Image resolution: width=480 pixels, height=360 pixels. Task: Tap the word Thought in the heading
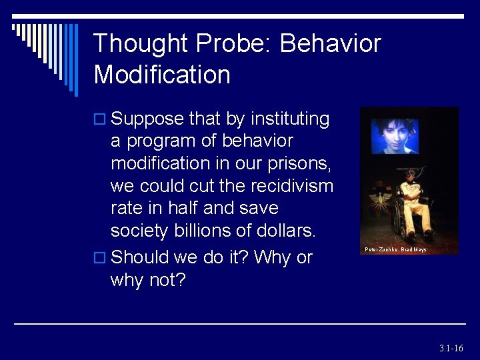[x=141, y=44]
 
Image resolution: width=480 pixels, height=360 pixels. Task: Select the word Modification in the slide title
[x=162, y=74]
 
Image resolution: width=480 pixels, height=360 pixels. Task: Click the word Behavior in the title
[x=330, y=44]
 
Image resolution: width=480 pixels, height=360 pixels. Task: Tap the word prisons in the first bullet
[x=299, y=163]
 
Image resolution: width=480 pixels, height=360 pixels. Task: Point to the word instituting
[x=290, y=119]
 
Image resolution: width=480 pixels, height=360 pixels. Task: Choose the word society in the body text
[x=138, y=231]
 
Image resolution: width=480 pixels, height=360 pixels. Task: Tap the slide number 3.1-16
[x=451, y=348]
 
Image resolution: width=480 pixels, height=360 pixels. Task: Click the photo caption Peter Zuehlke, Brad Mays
[x=395, y=249]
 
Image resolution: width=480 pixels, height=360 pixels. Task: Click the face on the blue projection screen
[x=395, y=135]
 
